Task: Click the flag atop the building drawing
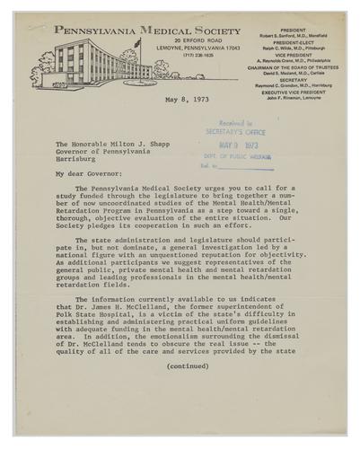(135, 41)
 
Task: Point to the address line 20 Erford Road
(160, 41)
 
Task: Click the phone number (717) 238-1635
(160, 56)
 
